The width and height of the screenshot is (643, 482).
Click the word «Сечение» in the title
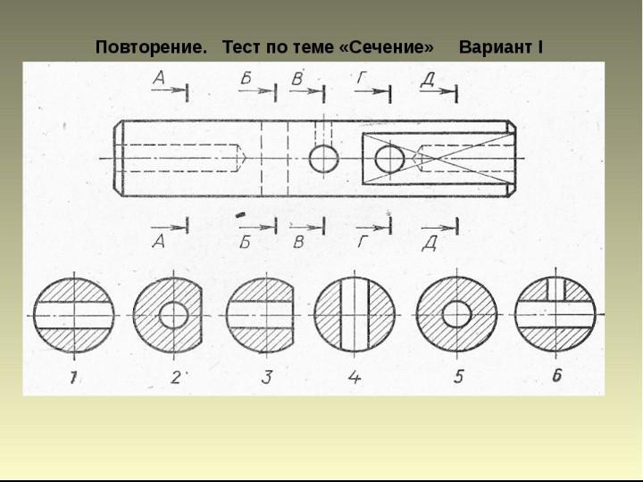tap(387, 46)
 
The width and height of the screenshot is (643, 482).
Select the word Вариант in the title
tap(496, 46)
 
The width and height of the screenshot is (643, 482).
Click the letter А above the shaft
tap(159, 79)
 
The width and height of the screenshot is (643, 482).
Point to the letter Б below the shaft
tap(245, 242)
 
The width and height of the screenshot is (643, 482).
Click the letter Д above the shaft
tap(428, 79)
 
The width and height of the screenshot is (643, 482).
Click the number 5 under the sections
tap(458, 376)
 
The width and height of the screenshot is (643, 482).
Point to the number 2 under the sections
tap(175, 377)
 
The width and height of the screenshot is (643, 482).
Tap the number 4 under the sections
tap(355, 377)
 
